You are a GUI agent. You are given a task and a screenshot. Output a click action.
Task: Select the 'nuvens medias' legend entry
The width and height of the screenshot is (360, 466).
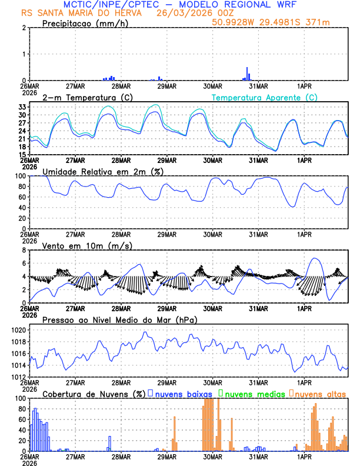(254, 393)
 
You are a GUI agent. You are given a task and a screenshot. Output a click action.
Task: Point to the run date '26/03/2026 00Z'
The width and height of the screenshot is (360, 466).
(186, 12)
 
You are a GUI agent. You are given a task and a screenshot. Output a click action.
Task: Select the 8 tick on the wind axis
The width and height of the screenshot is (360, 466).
(25, 250)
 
